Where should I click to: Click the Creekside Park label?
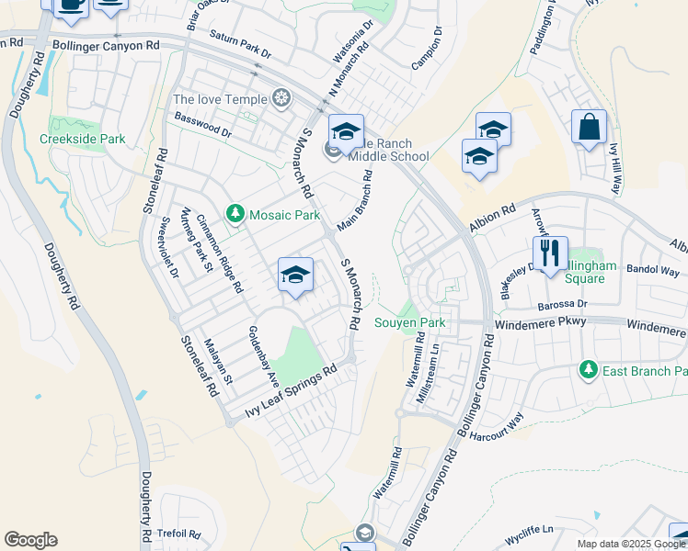coord(82,139)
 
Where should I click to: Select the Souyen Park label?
coord(410,322)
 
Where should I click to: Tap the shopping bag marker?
coord(589,127)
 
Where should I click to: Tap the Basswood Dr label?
coord(202,125)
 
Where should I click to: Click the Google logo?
coord(31,540)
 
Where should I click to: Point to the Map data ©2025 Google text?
coord(630,544)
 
